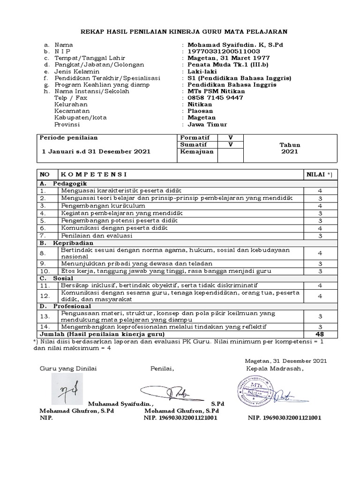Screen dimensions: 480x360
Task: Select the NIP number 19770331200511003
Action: coord(224,51)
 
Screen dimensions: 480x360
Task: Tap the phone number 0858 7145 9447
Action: coord(215,97)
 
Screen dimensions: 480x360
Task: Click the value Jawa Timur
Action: coord(207,124)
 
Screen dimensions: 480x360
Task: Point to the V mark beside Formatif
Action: coord(230,137)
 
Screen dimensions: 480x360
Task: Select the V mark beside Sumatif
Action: coord(230,144)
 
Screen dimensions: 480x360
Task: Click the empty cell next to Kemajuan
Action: coord(230,152)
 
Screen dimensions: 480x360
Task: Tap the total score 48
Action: coord(320,334)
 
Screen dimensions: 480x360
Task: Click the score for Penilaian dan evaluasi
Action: coord(320,236)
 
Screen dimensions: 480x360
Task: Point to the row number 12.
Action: coord(45,296)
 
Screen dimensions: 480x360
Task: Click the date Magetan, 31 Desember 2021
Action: coord(285,360)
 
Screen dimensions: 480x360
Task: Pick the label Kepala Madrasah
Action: coord(275,368)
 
